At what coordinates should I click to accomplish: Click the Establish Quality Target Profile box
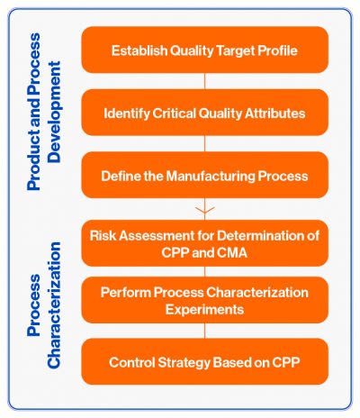coord(204,50)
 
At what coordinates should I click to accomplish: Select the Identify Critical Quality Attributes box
coord(204,114)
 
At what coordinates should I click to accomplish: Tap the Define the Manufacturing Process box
coord(204,176)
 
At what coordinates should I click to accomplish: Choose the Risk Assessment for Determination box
coord(204,243)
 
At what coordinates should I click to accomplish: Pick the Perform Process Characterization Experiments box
coord(204,301)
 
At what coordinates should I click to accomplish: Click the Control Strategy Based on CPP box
coord(204,363)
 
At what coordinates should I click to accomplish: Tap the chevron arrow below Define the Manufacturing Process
coord(204,210)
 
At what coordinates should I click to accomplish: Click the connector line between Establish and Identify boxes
coord(204,82)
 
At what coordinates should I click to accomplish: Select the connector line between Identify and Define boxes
coord(204,144)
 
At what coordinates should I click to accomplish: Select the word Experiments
coord(204,309)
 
